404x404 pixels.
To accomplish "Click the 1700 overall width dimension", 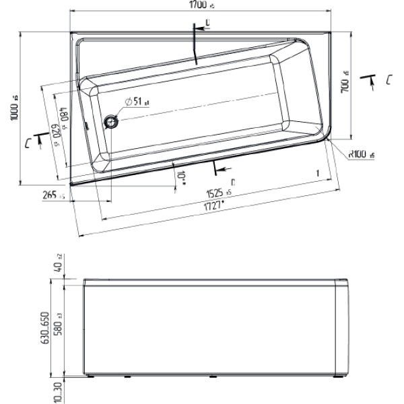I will click(x=199, y=5).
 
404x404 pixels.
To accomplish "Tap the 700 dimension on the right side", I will click(x=344, y=82).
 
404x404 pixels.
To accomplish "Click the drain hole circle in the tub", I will click(x=110, y=121).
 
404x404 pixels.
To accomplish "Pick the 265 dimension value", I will click(x=50, y=195).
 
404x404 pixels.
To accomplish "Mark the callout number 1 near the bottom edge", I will click(x=316, y=173).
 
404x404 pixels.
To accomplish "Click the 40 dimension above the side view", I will click(x=59, y=268).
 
